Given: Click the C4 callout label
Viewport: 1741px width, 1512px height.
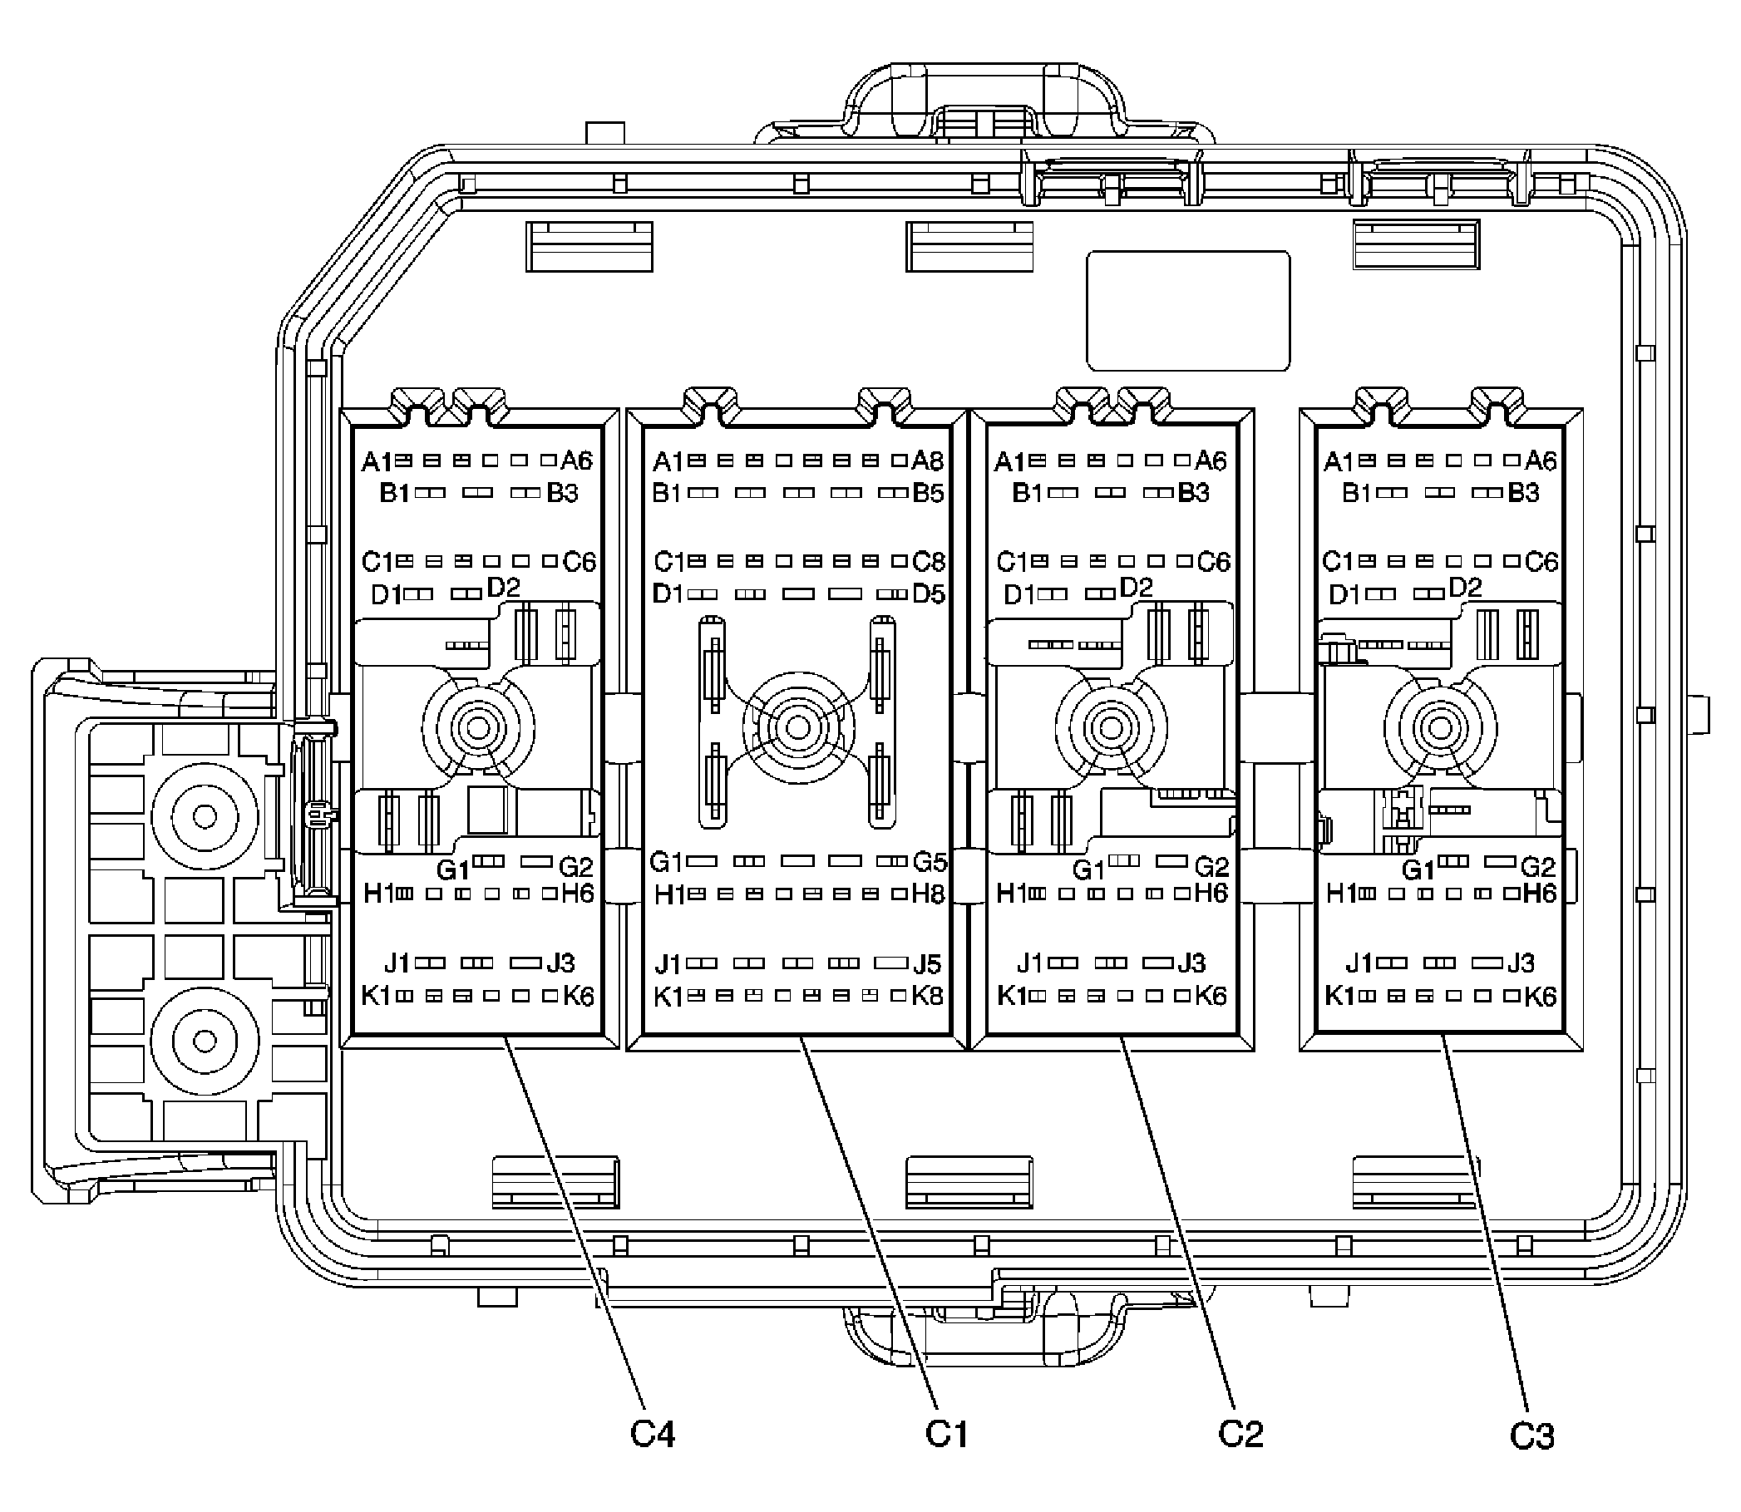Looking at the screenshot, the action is click(x=653, y=1434).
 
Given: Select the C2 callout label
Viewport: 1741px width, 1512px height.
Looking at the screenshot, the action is click(x=1240, y=1434).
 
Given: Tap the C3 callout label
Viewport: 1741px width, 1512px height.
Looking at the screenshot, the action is click(x=1531, y=1436).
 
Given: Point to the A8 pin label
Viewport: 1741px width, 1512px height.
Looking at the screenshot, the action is click(x=929, y=460).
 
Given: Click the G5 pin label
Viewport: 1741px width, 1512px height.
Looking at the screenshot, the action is click(x=930, y=861).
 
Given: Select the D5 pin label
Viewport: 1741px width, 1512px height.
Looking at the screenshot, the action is click(x=929, y=593).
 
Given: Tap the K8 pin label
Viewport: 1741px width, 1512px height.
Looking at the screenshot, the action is click(x=928, y=996).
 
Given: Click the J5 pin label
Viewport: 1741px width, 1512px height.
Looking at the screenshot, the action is click(x=928, y=963).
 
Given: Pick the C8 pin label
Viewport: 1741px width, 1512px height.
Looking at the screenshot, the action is click(x=930, y=561).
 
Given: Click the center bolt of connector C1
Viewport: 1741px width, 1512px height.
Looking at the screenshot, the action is click(x=797, y=726).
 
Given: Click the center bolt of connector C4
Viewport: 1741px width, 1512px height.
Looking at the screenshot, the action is click(x=479, y=727).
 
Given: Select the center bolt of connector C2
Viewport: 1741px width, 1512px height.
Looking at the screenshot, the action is click(x=1112, y=727).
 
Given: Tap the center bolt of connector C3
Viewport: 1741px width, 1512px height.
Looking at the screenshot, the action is click(x=1440, y=727).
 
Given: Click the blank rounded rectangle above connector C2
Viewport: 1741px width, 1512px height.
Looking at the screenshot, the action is click(x=1188, y=311).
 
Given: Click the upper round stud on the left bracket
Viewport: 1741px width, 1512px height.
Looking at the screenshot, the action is click(x=205, y=816).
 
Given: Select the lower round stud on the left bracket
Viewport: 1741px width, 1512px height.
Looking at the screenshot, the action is click(x=205, y=1042).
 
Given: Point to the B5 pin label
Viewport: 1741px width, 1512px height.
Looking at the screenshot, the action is click(x=929, y=492).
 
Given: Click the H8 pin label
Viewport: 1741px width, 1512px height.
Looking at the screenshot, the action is click(x=929, y=894).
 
